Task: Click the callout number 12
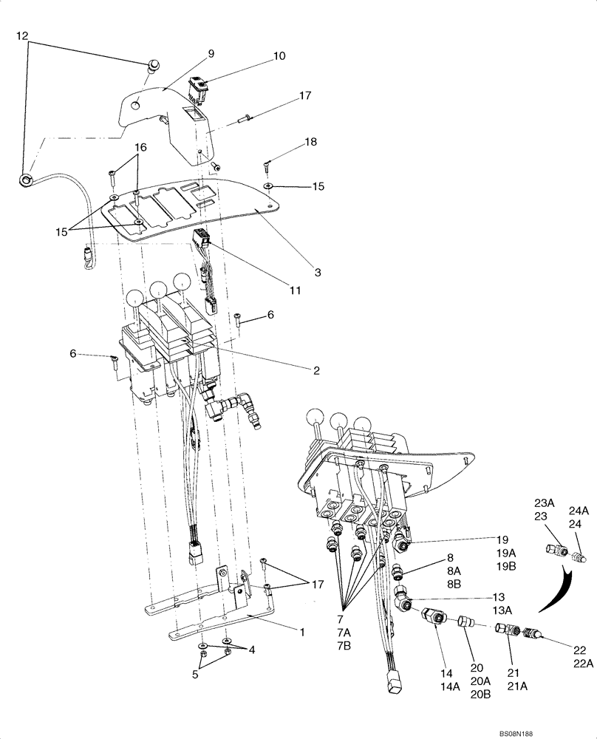22,35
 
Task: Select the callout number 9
211,53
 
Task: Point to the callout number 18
310,140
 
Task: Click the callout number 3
317,273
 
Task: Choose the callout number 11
295,290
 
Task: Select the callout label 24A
579,510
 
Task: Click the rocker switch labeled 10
197,89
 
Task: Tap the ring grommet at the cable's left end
27,177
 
